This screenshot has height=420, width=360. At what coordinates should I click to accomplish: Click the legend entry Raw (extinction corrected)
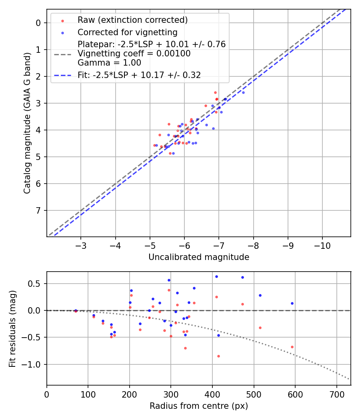pyautogui.click(x=132, y=20)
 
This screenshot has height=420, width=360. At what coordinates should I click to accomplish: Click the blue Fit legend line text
pyautogui.click(x=139, y=75)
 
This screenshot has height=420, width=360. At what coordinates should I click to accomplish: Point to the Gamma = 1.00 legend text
pyautogui.click(x=109, y=62)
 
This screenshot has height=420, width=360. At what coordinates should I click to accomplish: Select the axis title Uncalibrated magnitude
pyautogui.click(x=199, y=257)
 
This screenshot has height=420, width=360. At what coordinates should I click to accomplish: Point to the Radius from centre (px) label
pyautogui.click(x=199, y=406)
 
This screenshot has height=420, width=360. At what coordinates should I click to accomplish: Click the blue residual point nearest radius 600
pyautogui.click(x=292, y=303)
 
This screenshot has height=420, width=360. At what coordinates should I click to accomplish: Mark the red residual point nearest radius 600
pyautogui.click(x=292, y=347)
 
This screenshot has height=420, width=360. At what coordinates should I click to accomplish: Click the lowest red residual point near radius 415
pyautogui.click(x=218, y=356)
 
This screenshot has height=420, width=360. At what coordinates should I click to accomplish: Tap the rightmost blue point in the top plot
pyautogui.click(x=243, y=92)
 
